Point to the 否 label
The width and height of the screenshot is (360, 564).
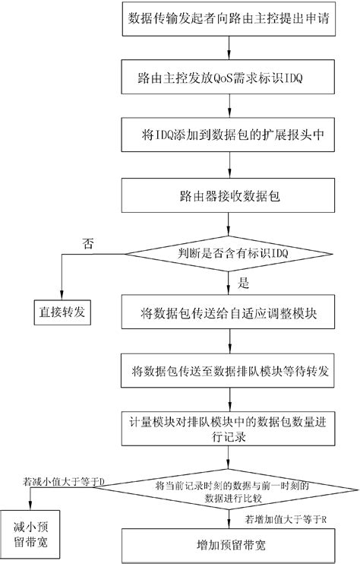click(89, 242)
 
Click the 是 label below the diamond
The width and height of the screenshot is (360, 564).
click(244, 284)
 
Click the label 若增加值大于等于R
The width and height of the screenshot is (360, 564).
click(286, 521)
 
